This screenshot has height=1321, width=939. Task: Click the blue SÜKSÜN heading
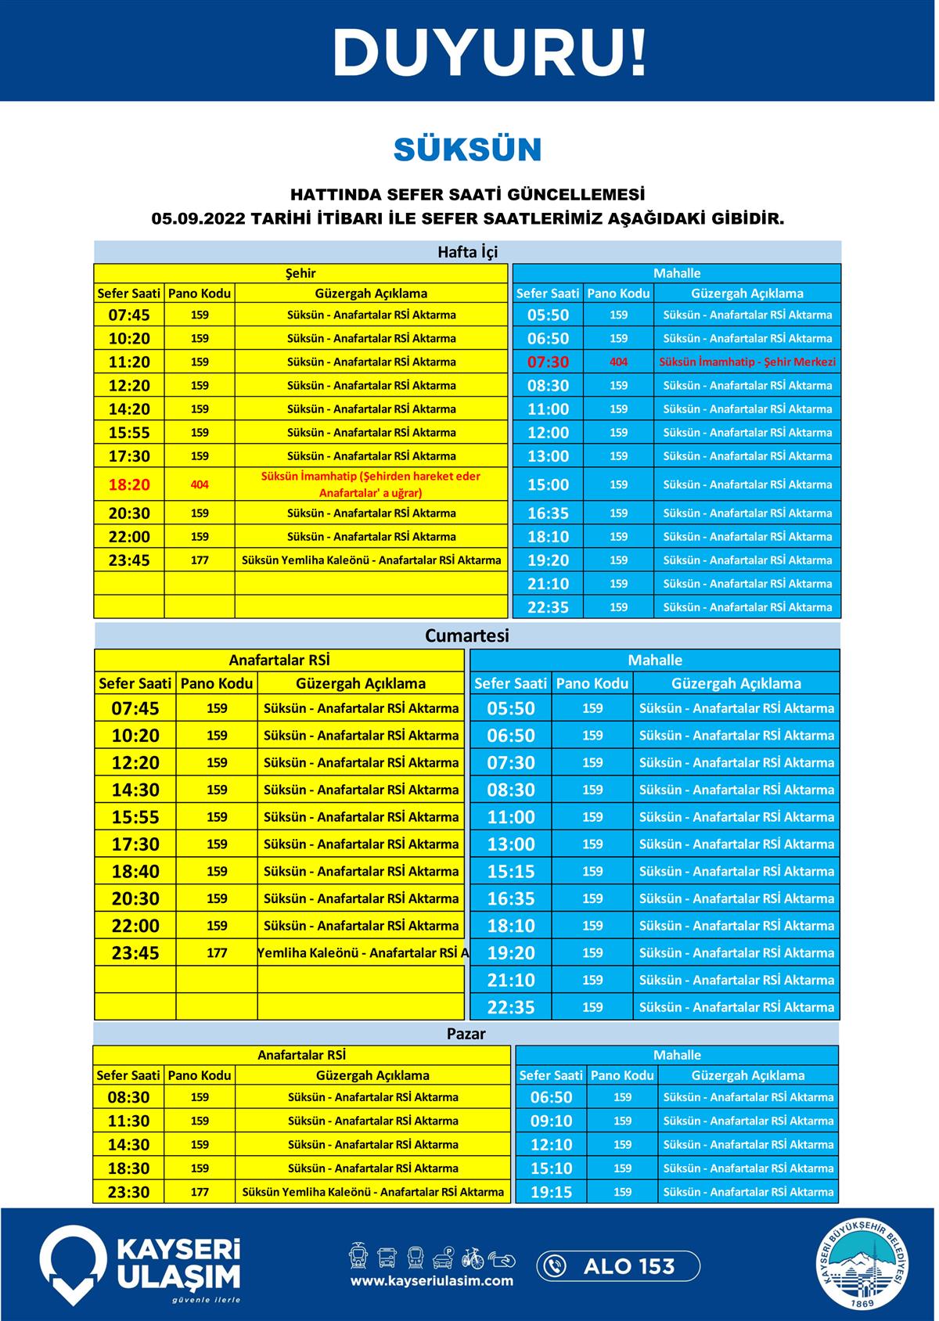pos(468,149)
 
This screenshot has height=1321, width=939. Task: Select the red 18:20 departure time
pos(129,484)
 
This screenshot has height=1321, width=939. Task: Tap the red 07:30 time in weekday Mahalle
pos(548,362)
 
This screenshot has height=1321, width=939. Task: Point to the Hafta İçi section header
pos(467,252)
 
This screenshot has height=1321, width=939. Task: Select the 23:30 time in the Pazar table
pos(128,1193)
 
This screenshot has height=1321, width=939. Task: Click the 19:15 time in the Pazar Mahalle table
pos(551,1193)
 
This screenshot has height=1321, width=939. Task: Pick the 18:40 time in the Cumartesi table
pos(135,872)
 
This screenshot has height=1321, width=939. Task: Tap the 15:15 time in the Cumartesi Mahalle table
pos(511,872)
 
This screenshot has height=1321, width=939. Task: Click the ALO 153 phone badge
pos(618,1266)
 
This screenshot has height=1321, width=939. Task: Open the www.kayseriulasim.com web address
pos(432,1281)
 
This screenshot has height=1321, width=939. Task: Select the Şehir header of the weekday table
pos(300,273)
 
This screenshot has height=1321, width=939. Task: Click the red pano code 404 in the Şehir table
pos(200,484)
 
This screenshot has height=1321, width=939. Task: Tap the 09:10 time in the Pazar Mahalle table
pos(551,1121)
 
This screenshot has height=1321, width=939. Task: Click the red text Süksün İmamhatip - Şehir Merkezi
pos(747,362)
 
